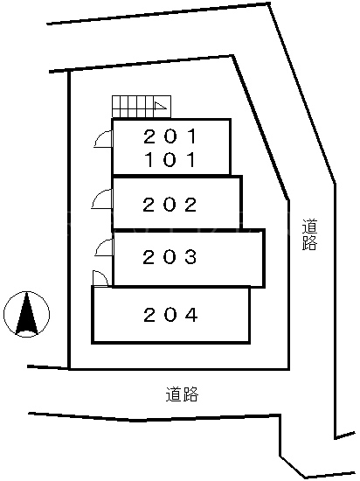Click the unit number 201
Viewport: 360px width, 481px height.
(170, 136)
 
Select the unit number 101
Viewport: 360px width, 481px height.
(170, 159)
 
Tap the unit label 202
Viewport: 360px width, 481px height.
(170, 205)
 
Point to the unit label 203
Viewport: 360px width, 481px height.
(170, 257)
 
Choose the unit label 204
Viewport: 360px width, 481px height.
(170, 315)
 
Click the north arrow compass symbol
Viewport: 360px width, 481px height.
(27, 314)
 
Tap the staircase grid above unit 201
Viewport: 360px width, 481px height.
(142, 107)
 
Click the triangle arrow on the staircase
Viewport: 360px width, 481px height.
(160, 106)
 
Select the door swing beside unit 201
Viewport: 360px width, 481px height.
(104, 139)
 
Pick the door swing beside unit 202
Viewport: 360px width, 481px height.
(102, 199)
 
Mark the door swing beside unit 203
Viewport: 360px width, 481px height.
(104, 247)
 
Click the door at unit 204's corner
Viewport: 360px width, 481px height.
(100, 278)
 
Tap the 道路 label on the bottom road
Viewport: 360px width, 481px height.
(183, 394)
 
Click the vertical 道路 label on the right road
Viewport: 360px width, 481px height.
(309, 234)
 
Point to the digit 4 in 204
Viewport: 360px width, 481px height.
(190, 315)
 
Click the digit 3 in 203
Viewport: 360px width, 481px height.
(190, 257)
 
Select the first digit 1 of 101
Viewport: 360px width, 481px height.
(149, 159)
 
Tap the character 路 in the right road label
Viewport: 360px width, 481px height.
(309, 242)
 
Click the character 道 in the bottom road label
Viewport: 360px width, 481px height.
(174, 394)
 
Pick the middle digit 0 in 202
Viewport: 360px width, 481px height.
(170, 205)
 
